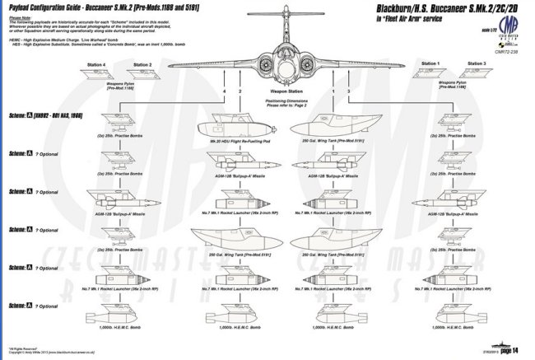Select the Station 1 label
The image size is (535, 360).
click(x=430, y=63)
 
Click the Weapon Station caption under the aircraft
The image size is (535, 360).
click(x=285, y=91)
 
